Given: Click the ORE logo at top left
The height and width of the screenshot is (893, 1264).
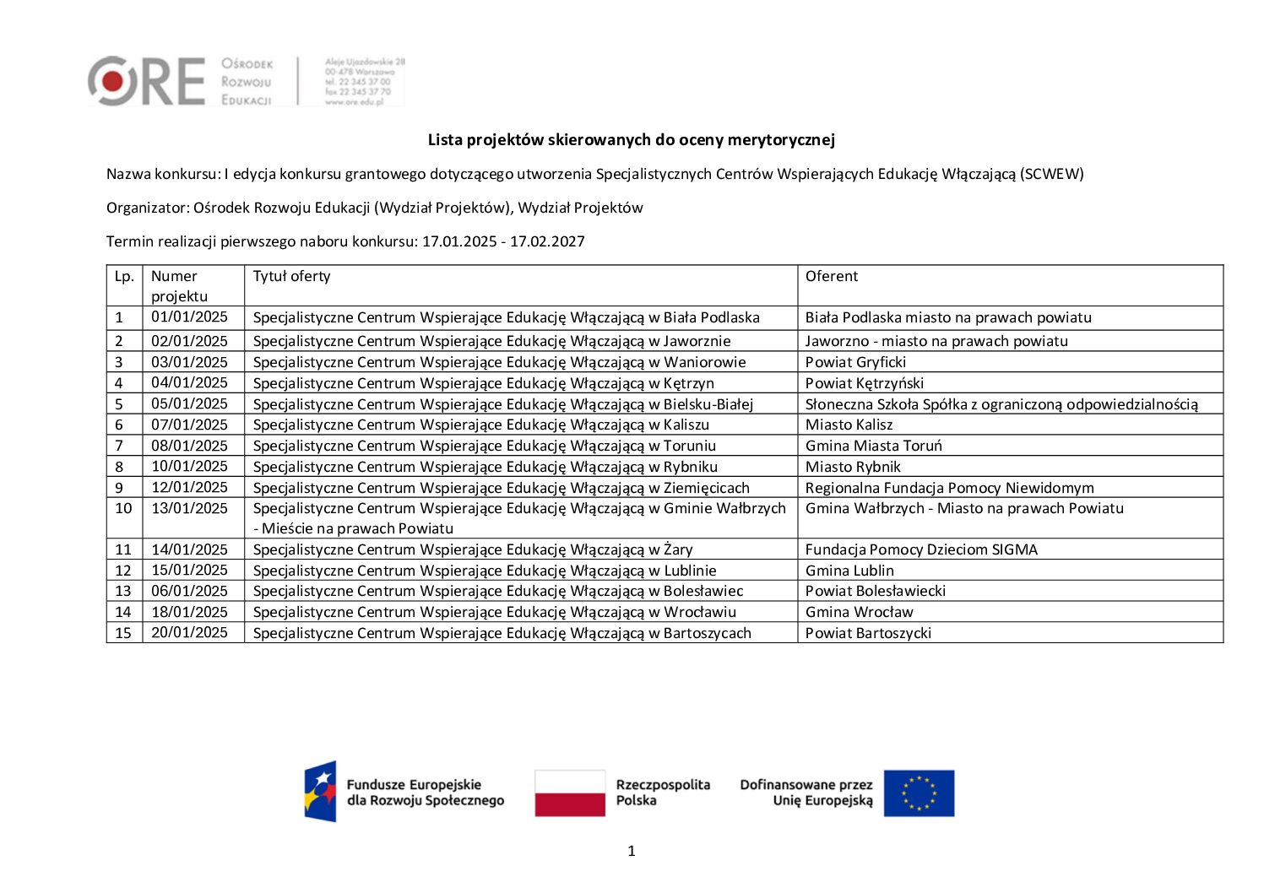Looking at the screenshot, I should (146, 81).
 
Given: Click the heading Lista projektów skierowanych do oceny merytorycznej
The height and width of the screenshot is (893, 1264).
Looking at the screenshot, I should (631, 140).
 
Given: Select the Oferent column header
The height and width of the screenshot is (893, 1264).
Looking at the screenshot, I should (831, 276).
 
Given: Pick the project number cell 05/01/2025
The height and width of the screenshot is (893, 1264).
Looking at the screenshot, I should (189, 403).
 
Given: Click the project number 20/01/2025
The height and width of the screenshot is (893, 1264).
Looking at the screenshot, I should (189, 632).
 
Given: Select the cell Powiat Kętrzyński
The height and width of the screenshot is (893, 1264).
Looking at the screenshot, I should (864, 383).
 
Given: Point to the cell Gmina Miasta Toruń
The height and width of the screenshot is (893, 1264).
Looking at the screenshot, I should (873, 446).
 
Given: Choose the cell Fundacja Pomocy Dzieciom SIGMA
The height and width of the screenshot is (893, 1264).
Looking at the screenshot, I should (921, 549).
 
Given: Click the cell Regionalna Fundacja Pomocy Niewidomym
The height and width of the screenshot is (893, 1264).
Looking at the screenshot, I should (949, 488).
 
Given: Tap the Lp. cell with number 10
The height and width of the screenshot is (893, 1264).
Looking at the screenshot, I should (123, 508).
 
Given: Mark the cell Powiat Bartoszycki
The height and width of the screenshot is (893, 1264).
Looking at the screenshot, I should (868, 633).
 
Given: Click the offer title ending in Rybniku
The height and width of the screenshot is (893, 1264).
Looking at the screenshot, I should (485, 467).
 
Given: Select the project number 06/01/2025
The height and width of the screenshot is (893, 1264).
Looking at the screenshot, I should (189, 591).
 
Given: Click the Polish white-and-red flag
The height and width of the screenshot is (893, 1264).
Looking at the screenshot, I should (570, 793).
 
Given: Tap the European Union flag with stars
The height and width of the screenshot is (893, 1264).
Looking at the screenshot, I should (919, 793).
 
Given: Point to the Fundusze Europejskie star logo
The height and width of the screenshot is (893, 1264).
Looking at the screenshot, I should (321, 791).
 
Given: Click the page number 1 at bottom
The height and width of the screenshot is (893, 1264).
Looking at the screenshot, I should (632, 851).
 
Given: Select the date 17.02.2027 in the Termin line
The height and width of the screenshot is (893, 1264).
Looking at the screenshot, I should (547, 241).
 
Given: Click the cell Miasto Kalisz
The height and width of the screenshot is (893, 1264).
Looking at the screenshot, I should (849, 425).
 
